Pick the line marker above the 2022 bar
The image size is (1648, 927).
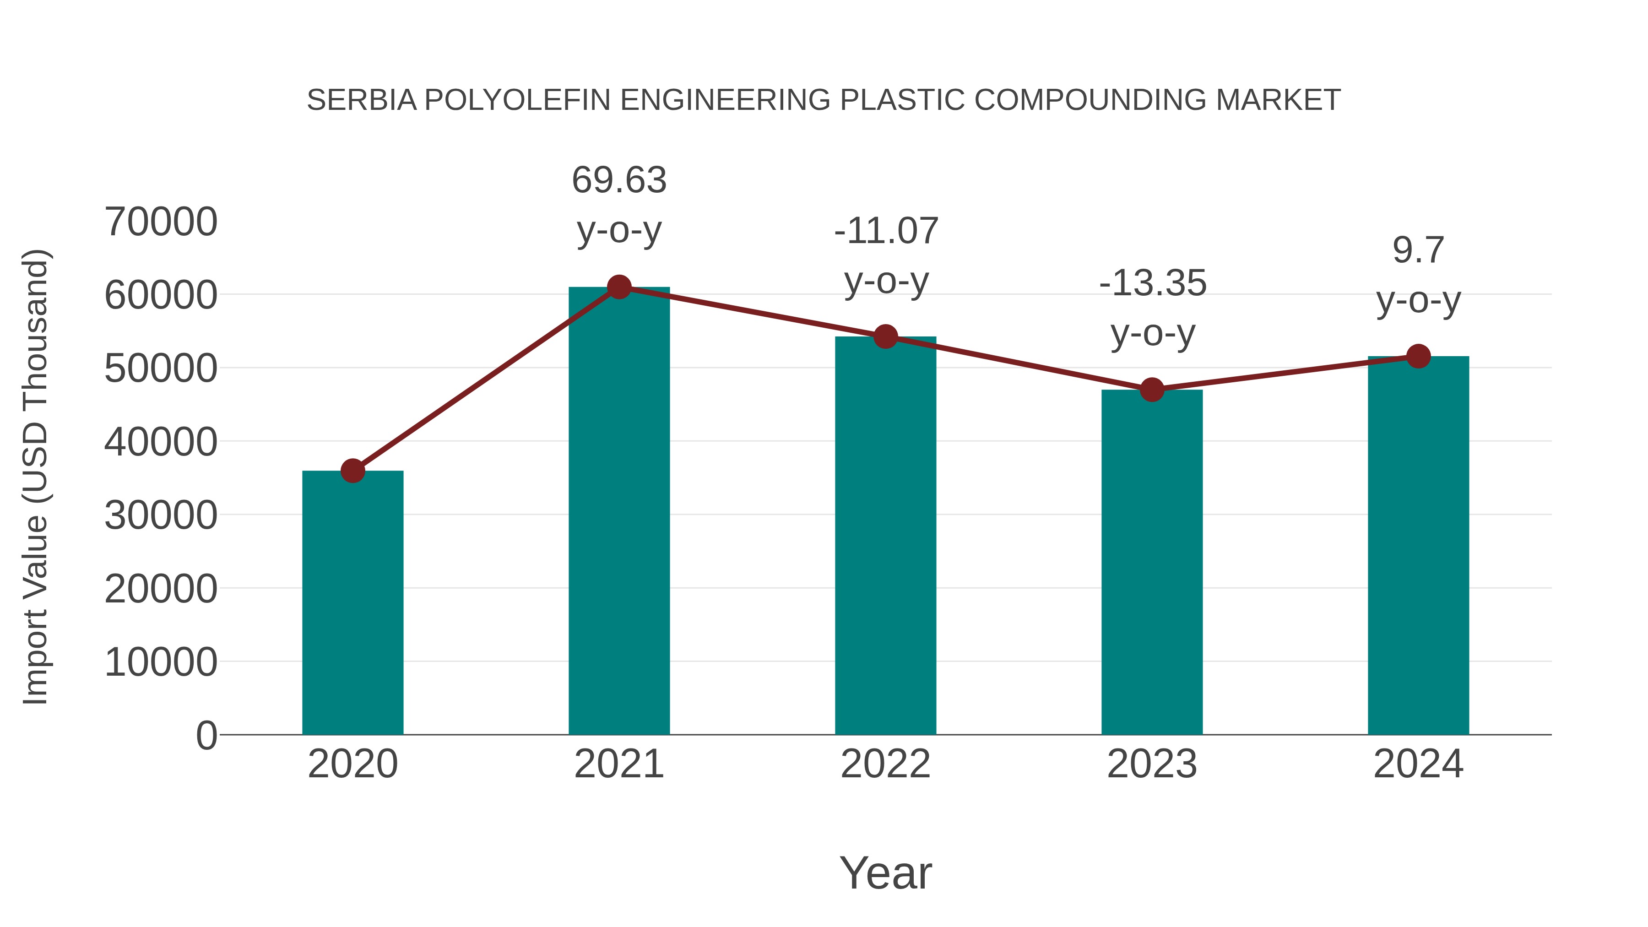[885, 336]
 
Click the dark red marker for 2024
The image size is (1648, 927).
[1418, 356]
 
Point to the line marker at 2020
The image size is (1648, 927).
[352, 471]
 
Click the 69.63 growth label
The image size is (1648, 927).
[618, 180]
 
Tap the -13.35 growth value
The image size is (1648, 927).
[1152, 283]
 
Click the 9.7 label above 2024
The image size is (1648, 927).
[1418, 250]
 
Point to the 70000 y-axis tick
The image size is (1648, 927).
[161, 222]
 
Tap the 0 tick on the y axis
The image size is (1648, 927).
[206, 735]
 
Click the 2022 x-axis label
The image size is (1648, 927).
[885, 764]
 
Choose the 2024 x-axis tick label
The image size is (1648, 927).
[1418, 764]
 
